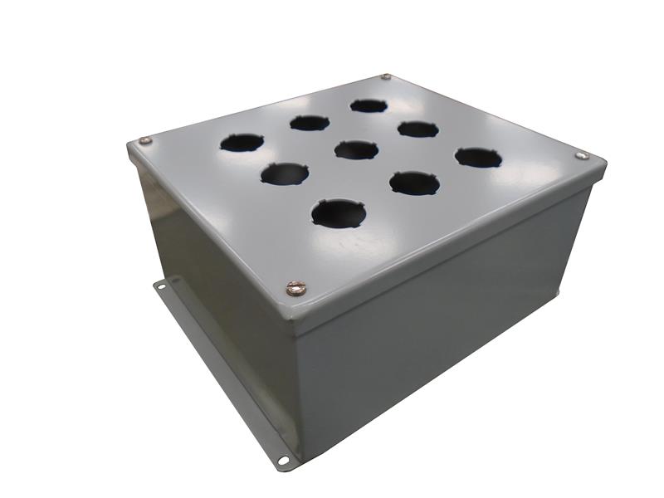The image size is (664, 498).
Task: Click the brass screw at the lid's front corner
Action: pos(295,288)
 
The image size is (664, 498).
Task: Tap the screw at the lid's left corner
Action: pos(146,142)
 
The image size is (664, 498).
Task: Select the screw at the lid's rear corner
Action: pos(386,77)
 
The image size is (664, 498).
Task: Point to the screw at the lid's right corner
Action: pos(580,154)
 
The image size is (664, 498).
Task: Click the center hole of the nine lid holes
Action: pos(356,149)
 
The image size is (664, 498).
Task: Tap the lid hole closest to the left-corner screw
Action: pos(242,143)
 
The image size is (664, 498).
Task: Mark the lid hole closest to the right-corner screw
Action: pos(478,157)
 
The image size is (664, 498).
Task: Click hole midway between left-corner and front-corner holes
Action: pos(283,173)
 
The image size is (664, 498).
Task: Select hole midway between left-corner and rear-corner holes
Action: pos(309,123)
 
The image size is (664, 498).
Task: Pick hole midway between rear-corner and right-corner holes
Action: pos(417,129)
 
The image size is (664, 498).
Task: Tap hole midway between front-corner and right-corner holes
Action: pos(413,182)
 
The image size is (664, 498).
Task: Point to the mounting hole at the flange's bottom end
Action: pos(283,457)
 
